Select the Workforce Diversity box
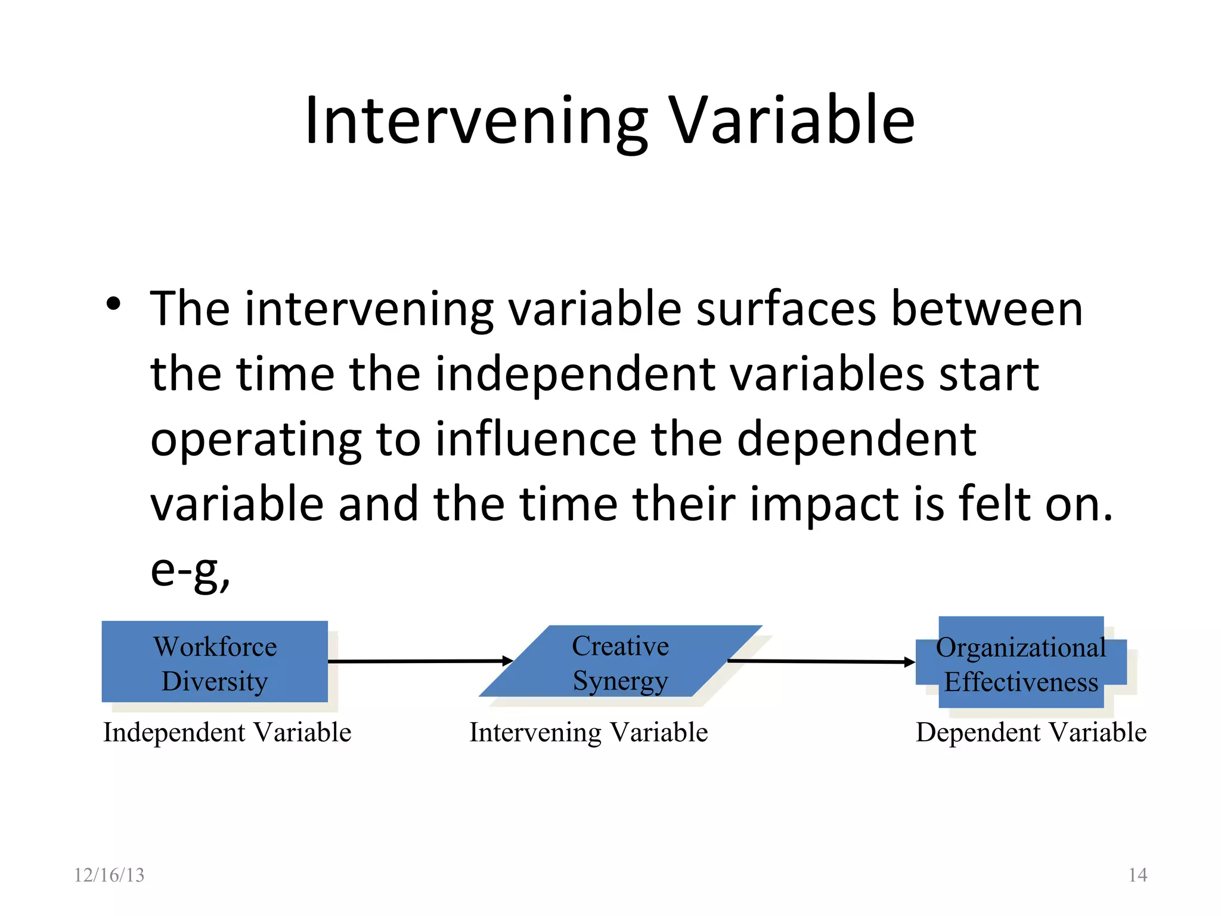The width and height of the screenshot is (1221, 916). [215, 663]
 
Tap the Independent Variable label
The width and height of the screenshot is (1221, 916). [227, 732]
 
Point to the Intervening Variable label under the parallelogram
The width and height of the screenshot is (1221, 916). [588, 732]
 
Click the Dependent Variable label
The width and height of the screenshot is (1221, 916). [1031, 732]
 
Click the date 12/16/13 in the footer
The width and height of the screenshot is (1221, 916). [109, 875]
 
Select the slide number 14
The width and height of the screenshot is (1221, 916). [1138, 875]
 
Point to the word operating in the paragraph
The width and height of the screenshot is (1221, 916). [256, 440]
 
